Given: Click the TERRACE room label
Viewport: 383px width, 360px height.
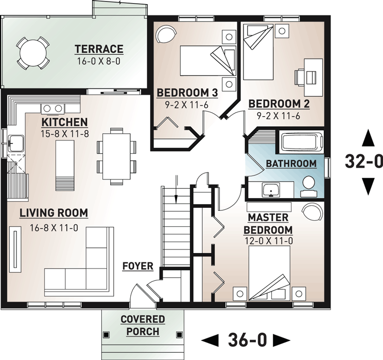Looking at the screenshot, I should (x=99, y=49).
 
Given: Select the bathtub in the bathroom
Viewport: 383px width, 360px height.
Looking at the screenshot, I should (x=301, y=141).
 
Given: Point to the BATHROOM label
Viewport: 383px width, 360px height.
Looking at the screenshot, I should (x=291, y=164).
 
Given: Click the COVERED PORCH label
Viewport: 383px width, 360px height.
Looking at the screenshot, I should (x=143, y=326).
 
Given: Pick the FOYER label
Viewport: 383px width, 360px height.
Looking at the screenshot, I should (x=137, y=266).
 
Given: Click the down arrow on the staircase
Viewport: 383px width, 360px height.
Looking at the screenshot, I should (x=176, y=196).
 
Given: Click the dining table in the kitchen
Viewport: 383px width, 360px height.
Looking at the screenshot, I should (x=117, y=157).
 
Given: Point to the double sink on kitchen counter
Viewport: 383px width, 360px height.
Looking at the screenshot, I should (x=52, y=108).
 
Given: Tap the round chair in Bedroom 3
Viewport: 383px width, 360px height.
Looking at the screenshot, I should (x=165, y=35).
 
